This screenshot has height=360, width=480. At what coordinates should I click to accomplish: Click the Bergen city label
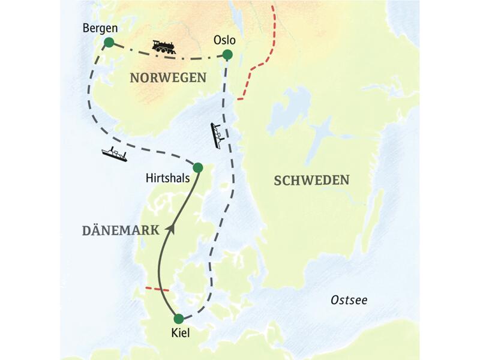[100, 28]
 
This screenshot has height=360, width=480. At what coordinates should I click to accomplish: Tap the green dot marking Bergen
[109, 42]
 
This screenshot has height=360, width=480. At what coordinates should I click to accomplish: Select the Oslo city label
[224, 41]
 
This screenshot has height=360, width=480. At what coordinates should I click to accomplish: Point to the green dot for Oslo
[227, 55]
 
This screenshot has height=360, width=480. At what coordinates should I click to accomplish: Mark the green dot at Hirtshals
[197, 167]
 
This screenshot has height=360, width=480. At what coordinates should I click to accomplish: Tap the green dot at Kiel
[178, 319]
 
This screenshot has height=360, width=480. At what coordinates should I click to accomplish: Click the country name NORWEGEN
[168, 77]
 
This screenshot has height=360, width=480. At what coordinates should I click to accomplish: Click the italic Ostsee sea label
[349, 300]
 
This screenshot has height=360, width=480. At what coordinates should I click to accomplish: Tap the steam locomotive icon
[163, 47]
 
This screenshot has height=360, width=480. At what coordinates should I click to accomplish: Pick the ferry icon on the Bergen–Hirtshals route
[114, 154]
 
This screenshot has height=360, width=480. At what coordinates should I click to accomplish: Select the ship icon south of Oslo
[216, 136]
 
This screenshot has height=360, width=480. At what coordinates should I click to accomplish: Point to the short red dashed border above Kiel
[157, 289]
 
